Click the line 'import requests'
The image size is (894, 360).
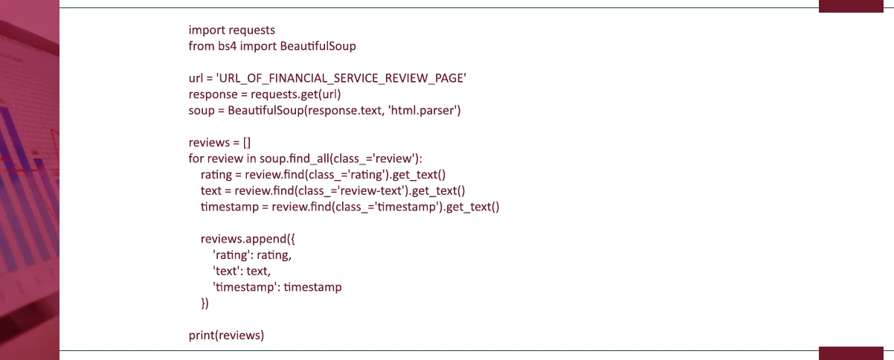(231, 30)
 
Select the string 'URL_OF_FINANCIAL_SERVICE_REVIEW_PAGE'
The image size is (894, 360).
(341, 79)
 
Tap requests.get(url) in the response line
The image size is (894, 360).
(295, 94)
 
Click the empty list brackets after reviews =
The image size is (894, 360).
(247, 143)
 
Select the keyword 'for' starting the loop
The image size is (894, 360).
(196, 158)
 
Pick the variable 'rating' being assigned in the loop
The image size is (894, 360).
(217, 175)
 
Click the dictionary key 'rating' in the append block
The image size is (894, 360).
(233, 255)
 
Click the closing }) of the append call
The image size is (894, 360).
(205, 303)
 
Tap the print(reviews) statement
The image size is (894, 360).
(226, 335)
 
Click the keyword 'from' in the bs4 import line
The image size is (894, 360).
(200, 46)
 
